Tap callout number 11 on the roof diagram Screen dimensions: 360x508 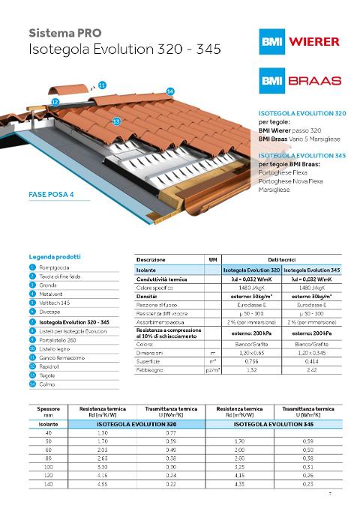tap(102, 85)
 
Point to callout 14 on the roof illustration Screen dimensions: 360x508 tap(170, 91)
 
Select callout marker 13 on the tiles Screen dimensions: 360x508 tap(116, 121)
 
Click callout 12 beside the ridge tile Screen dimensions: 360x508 tap(55, 100)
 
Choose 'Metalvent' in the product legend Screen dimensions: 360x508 tap(49, 294)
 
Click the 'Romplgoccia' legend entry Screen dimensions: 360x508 tap(53, 267)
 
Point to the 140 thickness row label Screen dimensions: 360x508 tap(49, 486)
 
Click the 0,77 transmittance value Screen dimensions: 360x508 tap(172, 433)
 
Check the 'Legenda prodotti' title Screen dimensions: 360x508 tap(55, 256)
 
